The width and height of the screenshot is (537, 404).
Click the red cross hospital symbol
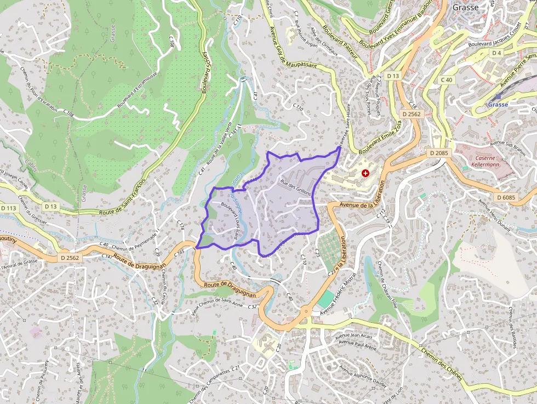pyautogui.click(x=366, y=173)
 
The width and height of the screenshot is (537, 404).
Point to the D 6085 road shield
pyautogui.click(x=506, y=197)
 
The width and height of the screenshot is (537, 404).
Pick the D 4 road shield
pyautogui.click(x=496, y=53)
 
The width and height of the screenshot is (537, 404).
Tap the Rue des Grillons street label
pyautogui.click(x=296, y=189)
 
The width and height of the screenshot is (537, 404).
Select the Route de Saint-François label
pyautogui.click(x=123, y=197)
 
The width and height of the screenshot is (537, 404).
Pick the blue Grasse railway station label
pyautogui.click(x=498, y=104)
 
